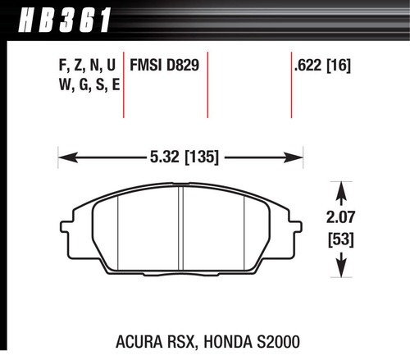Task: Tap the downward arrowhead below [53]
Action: pyautogui.click(x=339, y=271)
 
